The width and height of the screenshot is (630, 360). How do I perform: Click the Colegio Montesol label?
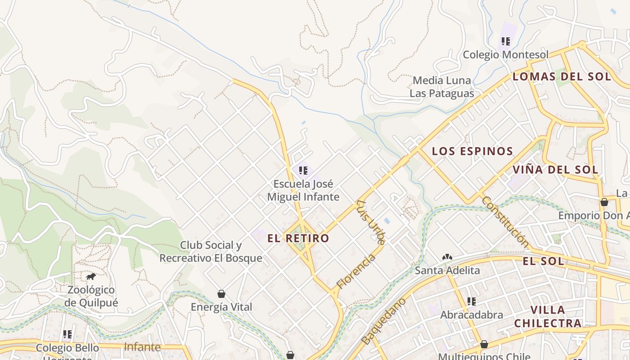click(506, 55)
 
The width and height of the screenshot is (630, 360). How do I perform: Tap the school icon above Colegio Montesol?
click(506, 41)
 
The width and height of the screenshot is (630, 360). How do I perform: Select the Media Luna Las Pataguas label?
click(442, 87)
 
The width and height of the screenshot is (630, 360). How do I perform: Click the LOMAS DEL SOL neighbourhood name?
click(562, 76)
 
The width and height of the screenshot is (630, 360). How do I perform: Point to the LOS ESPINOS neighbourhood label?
click(472, 151)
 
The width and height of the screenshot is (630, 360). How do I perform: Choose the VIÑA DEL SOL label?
click(555, 170)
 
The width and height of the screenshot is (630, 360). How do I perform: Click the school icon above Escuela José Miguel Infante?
click(303, 170)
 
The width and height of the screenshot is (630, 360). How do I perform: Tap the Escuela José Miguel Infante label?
click(303, 190)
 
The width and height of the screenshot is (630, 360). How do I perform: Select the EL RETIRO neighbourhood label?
click(298, 238)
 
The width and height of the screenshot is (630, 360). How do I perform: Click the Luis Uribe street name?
click(370, 222)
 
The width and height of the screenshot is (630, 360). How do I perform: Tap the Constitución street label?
click(505, 221)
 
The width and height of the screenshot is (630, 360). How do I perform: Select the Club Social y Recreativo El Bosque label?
click(211, 252)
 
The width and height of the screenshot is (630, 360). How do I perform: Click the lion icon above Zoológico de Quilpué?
click(91, 276)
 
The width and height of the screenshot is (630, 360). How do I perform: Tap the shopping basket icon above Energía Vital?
click(221, 294)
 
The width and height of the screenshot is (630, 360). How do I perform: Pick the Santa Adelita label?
click(447, 270)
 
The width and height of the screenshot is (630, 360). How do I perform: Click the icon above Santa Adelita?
click(447, 257)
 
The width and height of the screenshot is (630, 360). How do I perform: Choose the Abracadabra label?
click(472, 315)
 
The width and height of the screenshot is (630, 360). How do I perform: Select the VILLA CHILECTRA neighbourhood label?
click(548, 316)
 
